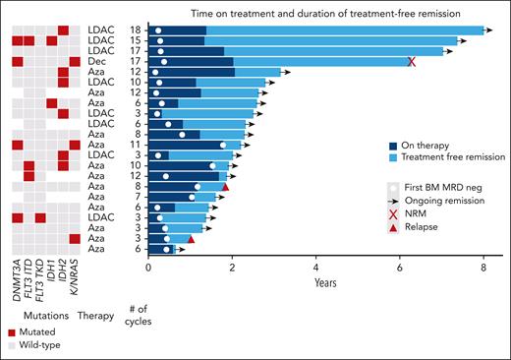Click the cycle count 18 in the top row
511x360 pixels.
pos(138,30)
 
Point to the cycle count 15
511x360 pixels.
pos(138,41)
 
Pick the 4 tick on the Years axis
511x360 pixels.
pos(315,266)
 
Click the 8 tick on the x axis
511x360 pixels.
pos(483,266)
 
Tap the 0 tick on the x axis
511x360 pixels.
pos(148,266)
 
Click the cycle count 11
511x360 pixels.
pos(138,145)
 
